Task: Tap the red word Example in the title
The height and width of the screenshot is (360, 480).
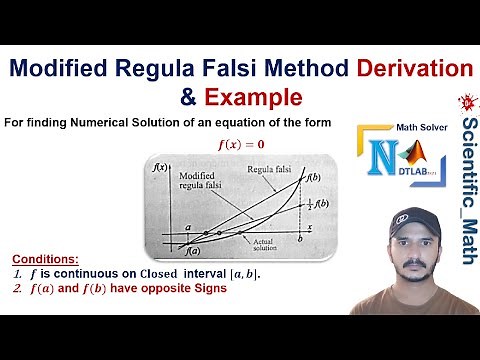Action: coord(253,98)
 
